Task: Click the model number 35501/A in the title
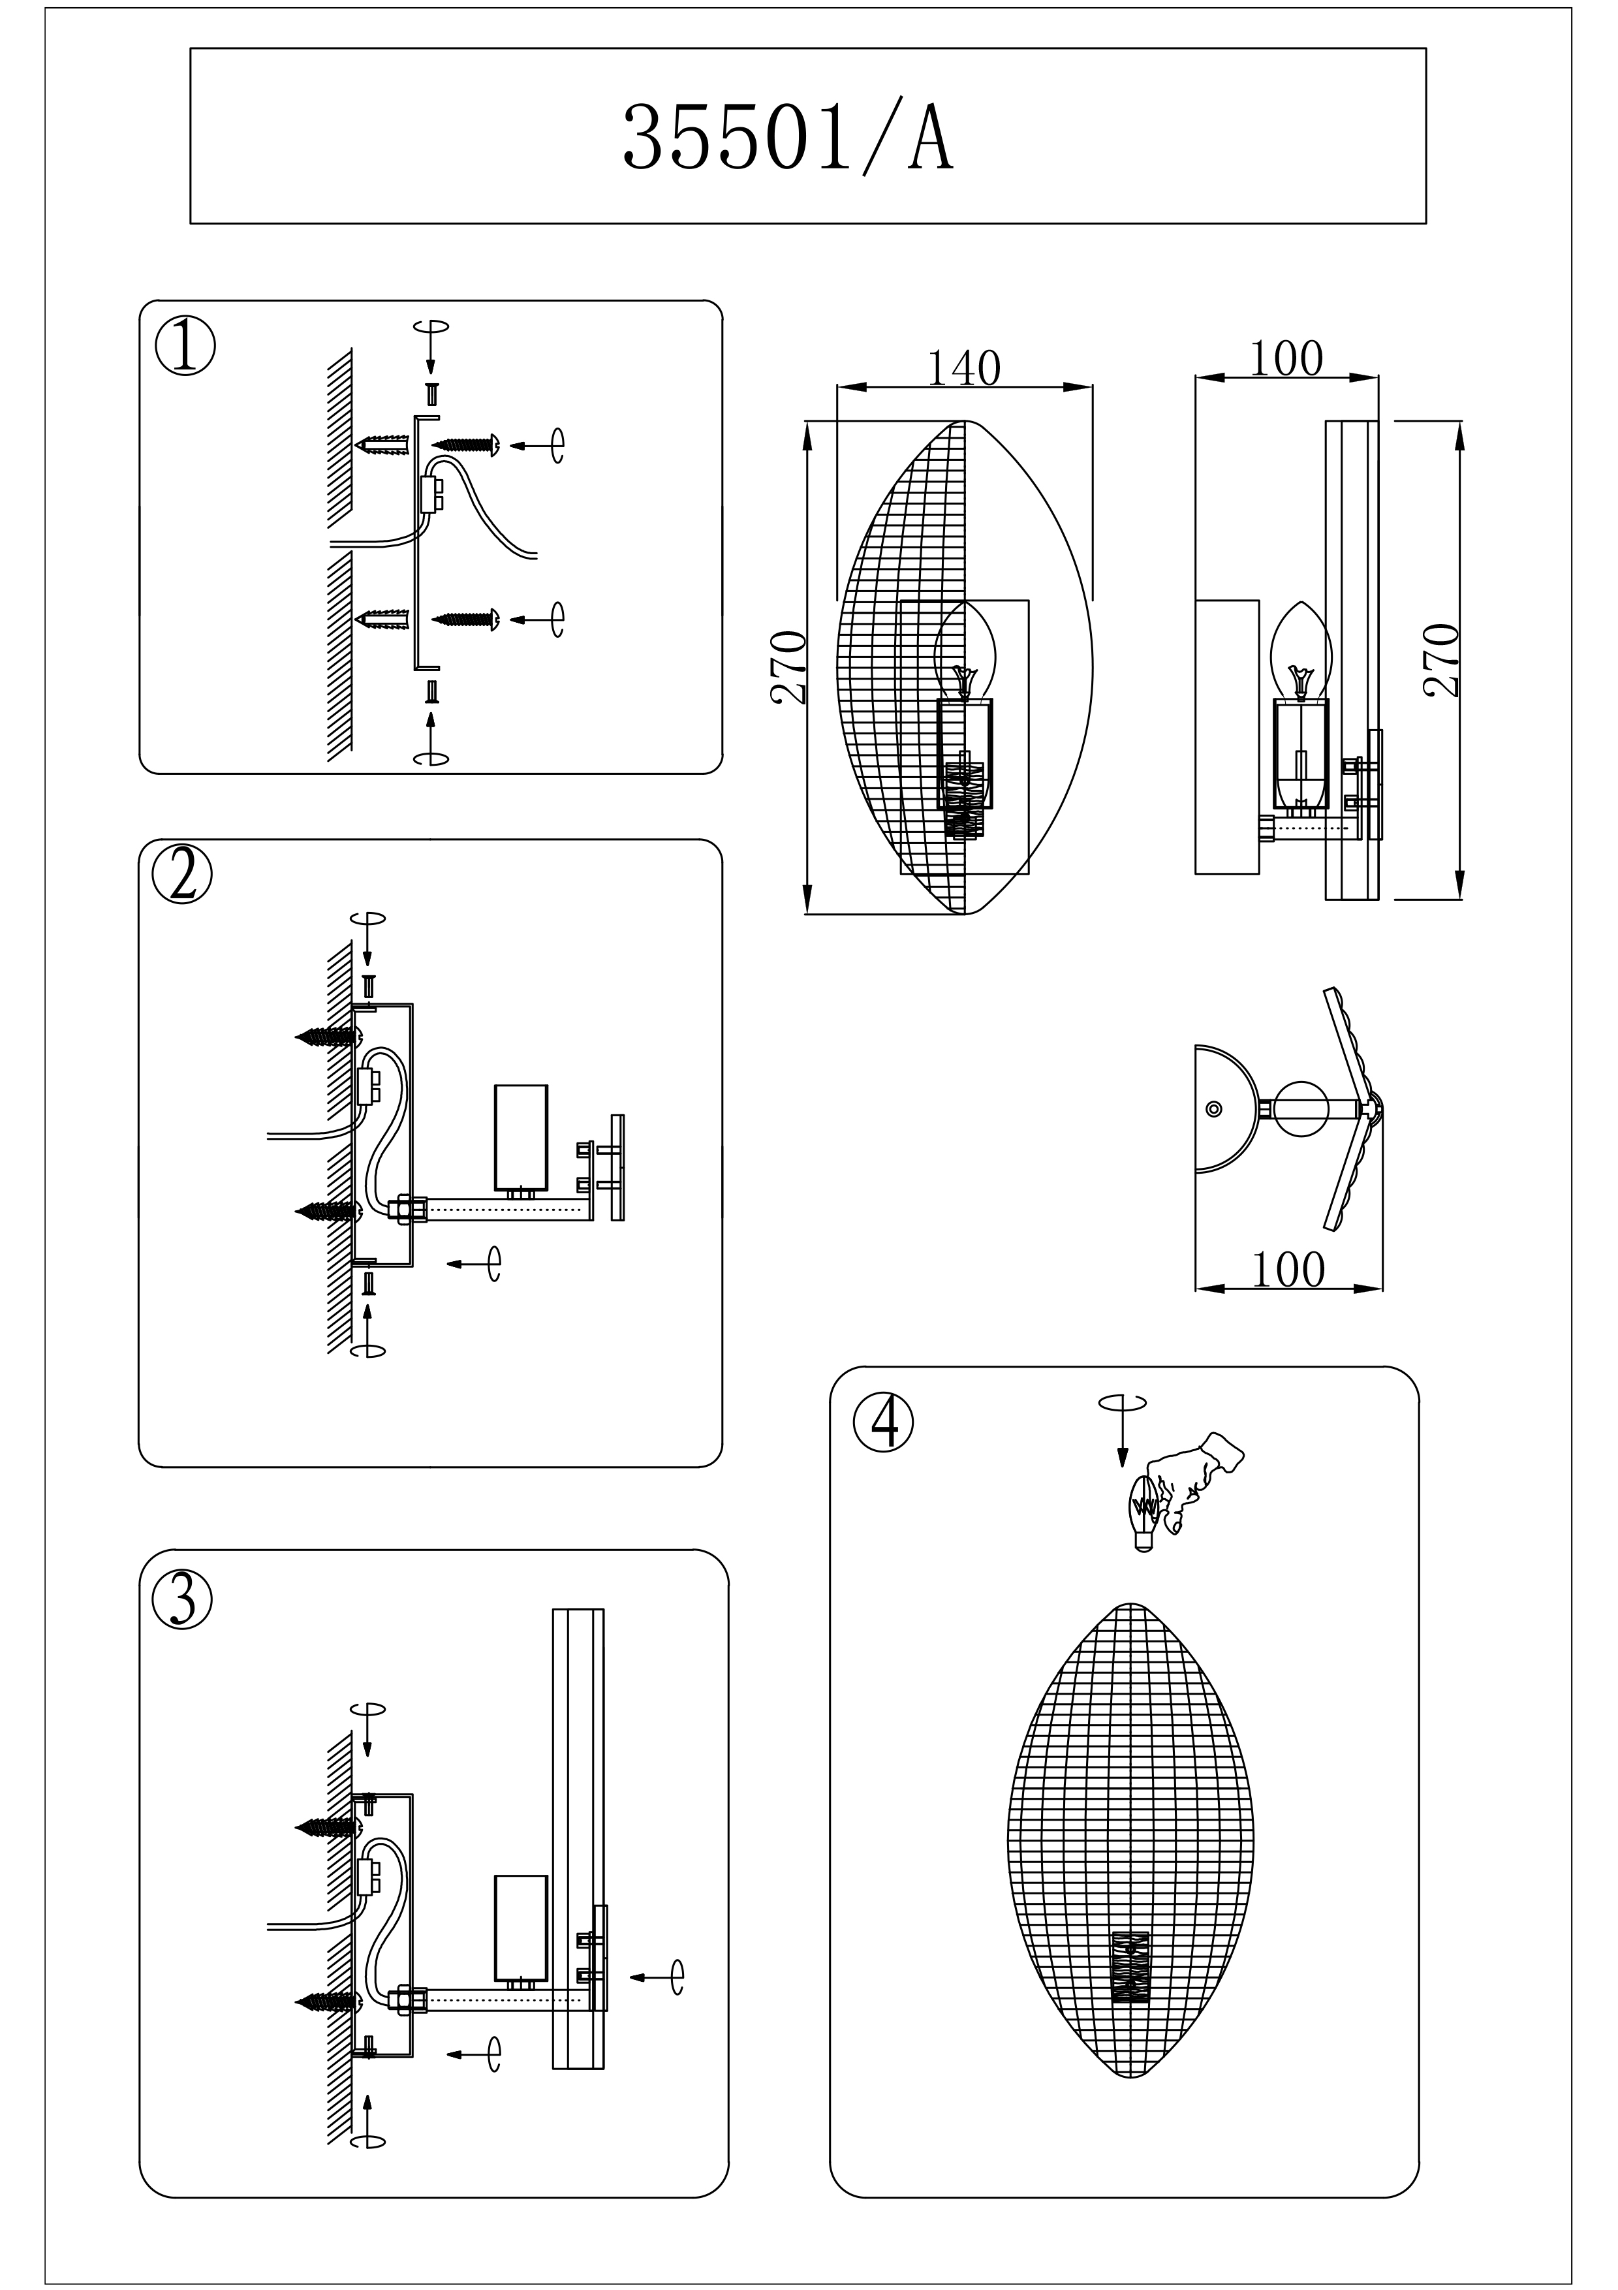click(x=788, y=140)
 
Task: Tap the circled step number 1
click(x=185, y=346)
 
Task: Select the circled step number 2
click(x=183, y=875)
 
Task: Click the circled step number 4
click(x=882, y=1422)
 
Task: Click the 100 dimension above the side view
click(x=1286, y=359)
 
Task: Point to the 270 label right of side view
click(x=1442, y=659)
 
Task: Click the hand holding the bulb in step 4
click(x=1196, y=1481)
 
